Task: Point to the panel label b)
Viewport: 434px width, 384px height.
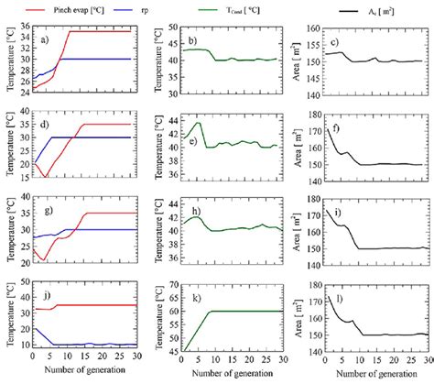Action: click(x=192, y=43)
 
